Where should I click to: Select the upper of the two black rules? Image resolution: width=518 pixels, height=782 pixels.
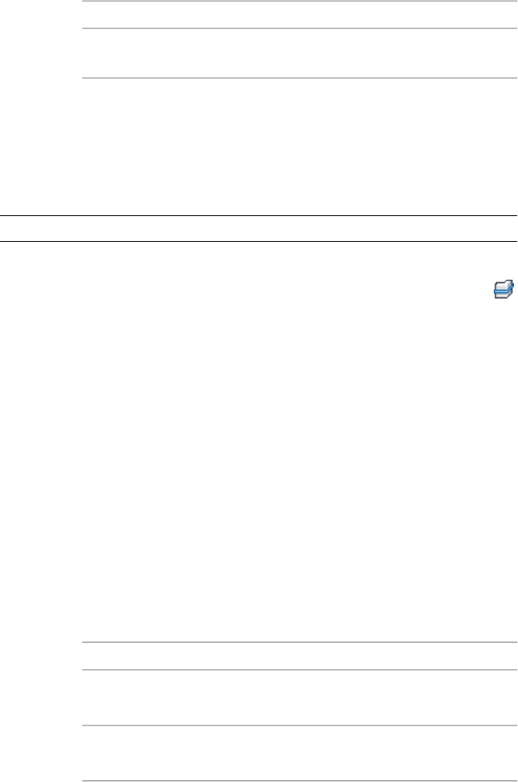pyautogui.click(x=258, y=215)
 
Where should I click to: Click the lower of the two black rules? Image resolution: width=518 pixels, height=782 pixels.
pyautogui.click(x=258, y=242)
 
